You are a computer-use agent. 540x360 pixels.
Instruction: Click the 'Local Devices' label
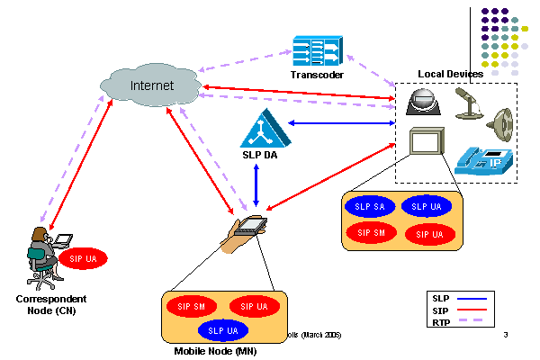click(451, 73)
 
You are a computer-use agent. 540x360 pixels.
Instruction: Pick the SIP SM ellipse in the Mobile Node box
click(190, 307)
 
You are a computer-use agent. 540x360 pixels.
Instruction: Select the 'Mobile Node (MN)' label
click(213, 350)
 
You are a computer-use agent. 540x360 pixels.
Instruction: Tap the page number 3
click(506, 336)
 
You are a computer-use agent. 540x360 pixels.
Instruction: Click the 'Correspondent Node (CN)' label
click(51, 303)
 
